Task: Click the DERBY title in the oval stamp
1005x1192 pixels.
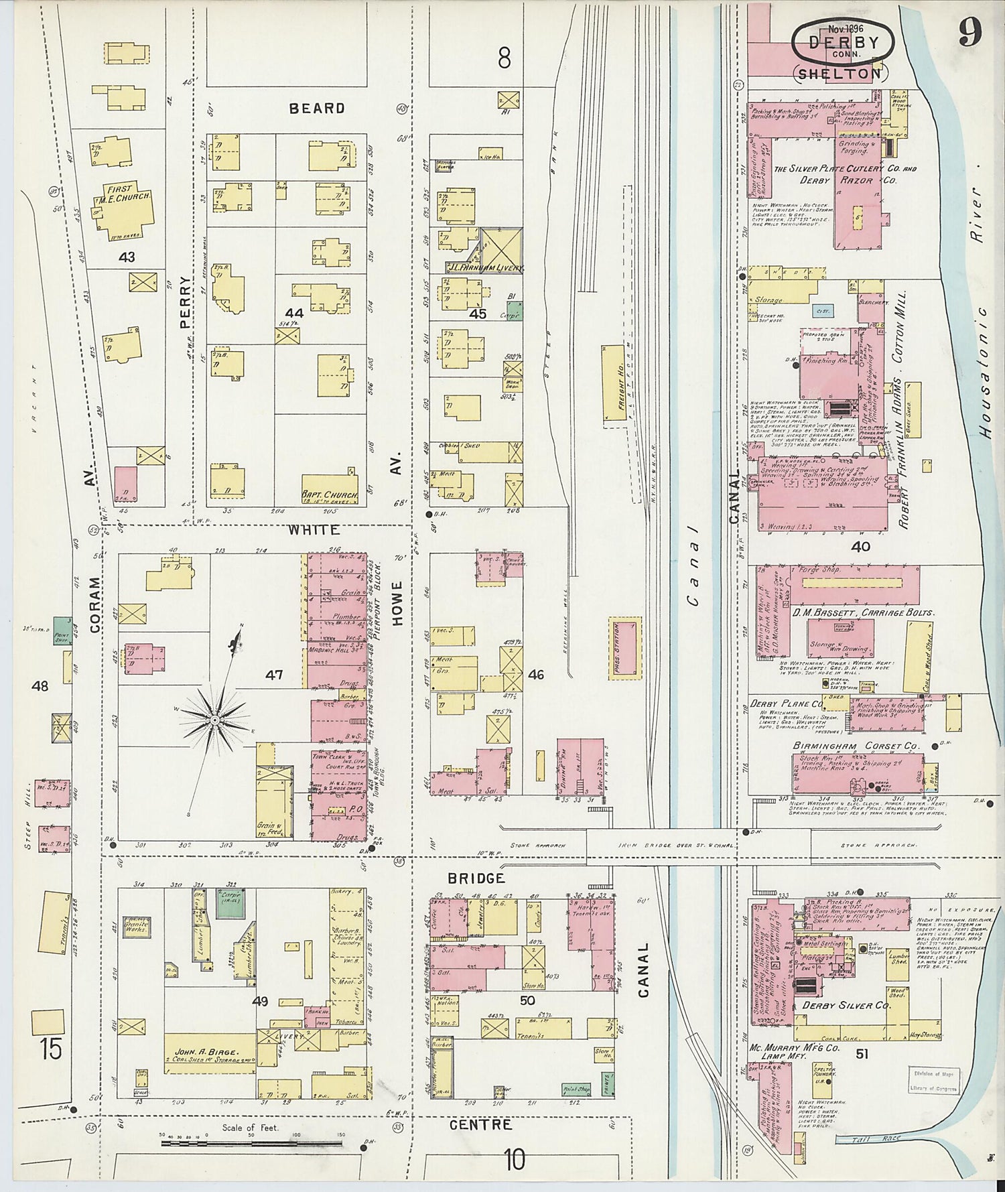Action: [x=844, y=42]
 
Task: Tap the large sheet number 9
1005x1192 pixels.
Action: [x=969, y=32]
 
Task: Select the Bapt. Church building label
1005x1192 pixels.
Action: [x=329, y=496]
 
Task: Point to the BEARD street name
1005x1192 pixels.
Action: [x=317, y=108]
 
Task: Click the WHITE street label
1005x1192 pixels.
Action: [x=314, y=529]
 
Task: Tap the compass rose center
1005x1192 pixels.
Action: [x=214, y=720]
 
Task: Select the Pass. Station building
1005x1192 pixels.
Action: [x=625, y=649]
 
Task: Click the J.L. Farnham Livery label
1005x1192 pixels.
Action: [x=486, y=267]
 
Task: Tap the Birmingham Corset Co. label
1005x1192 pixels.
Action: [x=856, y=746]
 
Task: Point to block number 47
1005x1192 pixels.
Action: [x=274, y=675]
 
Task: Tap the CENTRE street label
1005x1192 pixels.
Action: [x=480, y=1124]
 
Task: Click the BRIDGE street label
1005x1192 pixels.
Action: [x=477, y=878]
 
